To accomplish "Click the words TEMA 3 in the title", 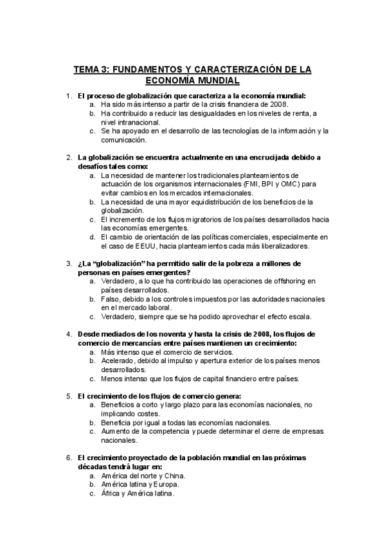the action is click(x=91, y=69).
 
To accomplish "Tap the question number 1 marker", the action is click(x=69, y=96).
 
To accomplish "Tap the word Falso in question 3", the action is click(x=111, y=299).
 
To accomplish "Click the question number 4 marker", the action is click(x=69, y=334).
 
